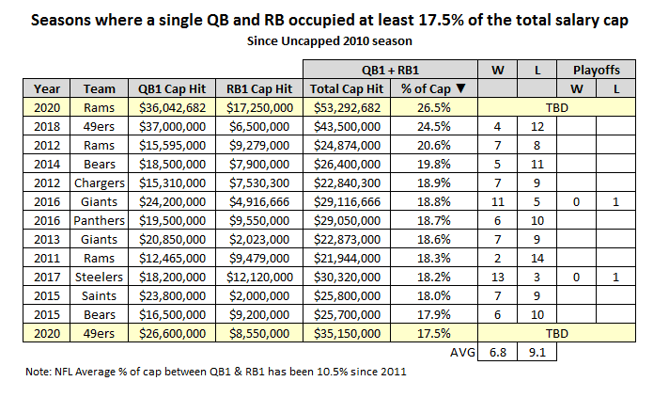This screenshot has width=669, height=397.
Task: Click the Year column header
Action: [x=47, y=88]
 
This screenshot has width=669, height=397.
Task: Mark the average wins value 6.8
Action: [x=495, y=354]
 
